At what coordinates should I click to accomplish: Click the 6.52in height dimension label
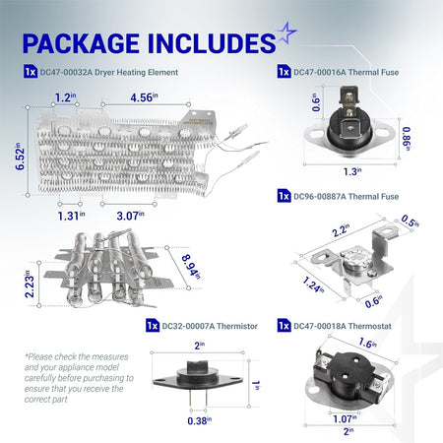click(x=20, y=157)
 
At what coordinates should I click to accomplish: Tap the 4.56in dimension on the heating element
click(x=144, y=97)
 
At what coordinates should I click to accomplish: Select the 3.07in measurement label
click(x=130, y=216)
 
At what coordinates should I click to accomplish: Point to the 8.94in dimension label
click(x=191, y=267)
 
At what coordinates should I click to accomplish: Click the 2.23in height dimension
click(x=30, y=285)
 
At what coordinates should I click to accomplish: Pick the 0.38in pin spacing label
click(x=199, y=420)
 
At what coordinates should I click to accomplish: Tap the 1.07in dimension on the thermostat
click(x=345, y=418)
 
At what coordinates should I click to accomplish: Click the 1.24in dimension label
click(x=313, y=285)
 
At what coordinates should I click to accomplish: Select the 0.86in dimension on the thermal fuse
click(x=407, y=139)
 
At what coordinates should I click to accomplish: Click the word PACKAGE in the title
click(x=81, y=43)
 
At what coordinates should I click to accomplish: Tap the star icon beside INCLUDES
click(x=286, y=33)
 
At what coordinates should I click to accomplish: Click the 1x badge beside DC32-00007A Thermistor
click(x=153, y=326)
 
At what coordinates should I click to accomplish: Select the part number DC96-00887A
click(x=320, y=197)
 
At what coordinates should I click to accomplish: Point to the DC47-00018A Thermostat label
click(x=343, y=326)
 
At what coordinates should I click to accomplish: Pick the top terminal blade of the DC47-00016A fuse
click(x=348, y=95)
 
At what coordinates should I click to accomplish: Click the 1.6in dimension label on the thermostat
click(x=368, y=344)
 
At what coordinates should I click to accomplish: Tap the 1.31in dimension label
click(x=71, y=216)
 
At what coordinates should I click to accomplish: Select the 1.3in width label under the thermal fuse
click(x=352, y=171)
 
